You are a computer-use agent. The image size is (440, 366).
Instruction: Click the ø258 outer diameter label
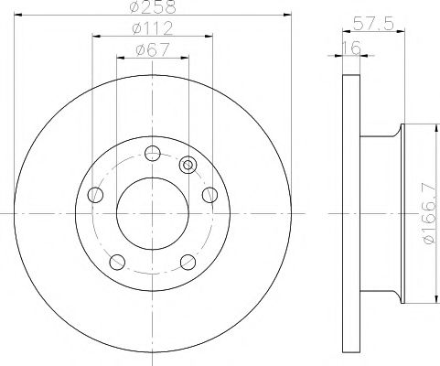coord(151,7)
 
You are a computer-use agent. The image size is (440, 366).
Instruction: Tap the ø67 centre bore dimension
coord(151,50)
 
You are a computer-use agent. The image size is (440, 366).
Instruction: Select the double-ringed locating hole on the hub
coord(189,166)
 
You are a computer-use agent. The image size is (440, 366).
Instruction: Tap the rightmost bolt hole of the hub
coord(209,194)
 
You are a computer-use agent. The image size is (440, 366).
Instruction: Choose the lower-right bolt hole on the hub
coord(188,261)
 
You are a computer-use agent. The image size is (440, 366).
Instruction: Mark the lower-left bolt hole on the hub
coord(115,261)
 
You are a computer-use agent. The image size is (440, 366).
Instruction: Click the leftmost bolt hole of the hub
coord(93,194)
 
